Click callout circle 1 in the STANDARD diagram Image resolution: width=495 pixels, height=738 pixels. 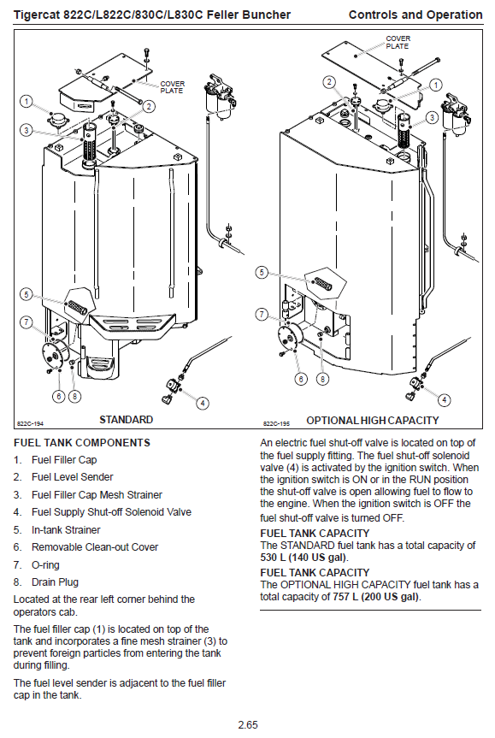click(27, 101)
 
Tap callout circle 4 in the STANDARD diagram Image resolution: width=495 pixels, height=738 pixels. click(203, 404)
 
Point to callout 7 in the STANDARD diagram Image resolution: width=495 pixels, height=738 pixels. click(27, 322)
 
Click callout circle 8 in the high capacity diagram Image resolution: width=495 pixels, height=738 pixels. click(322, 379)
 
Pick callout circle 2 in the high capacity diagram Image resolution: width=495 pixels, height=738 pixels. click(329, 82)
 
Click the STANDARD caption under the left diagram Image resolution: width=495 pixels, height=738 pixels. click(127, 419)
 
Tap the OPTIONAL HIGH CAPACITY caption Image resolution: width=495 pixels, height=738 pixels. click(372, 420)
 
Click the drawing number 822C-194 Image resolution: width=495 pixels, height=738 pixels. click(30, 423)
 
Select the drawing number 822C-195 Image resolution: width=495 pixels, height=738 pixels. click(276, 423)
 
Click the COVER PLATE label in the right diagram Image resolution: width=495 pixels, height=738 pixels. click(398, 43)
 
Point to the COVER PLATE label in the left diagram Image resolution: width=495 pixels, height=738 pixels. click(172, 87)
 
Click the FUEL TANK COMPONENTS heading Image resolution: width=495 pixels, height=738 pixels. click(82, 443)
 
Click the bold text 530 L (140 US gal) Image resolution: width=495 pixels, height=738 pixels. click(304, 558)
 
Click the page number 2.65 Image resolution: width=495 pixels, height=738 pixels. click(248, 725)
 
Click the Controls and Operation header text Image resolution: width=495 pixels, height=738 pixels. click(415, 15)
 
